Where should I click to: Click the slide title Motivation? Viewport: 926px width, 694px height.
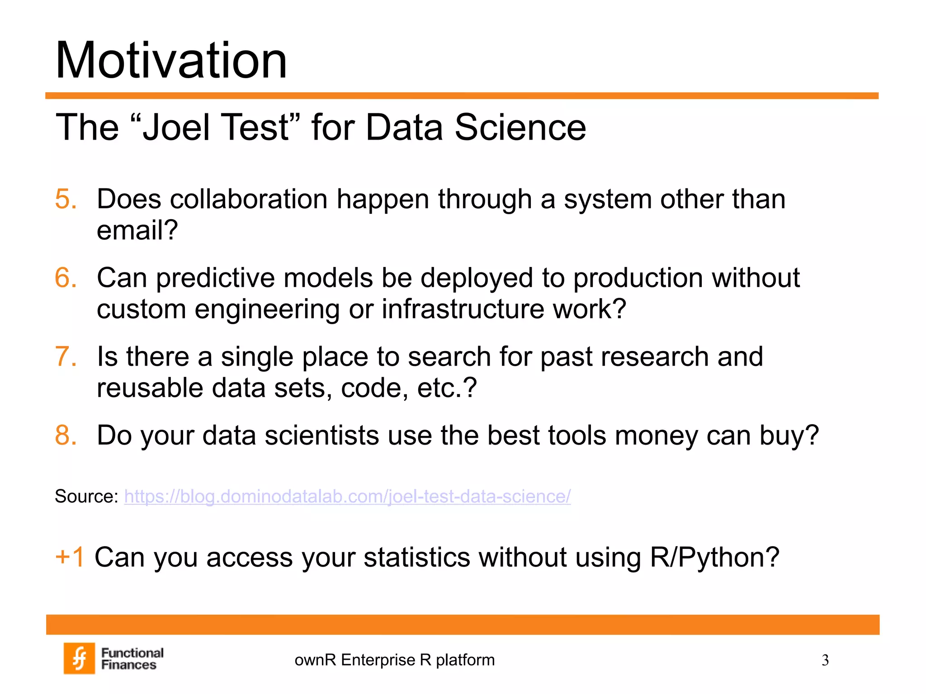[171, 61]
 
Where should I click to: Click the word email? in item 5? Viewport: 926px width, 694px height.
[137, 230]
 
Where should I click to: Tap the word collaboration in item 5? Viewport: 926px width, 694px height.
[248, 199]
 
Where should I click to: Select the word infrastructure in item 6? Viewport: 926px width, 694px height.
[463, 309]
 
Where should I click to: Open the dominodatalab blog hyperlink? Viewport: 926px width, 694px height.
[347, 497]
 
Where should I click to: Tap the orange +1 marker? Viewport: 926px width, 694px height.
[70, 557]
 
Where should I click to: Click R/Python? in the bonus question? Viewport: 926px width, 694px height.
[714, 557]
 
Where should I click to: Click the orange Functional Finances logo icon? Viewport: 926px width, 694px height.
[79, 658]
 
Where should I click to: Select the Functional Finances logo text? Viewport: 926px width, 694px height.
[132, 659]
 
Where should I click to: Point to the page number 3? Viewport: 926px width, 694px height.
[825, 661]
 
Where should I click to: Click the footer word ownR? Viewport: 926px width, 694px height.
[315, 660]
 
